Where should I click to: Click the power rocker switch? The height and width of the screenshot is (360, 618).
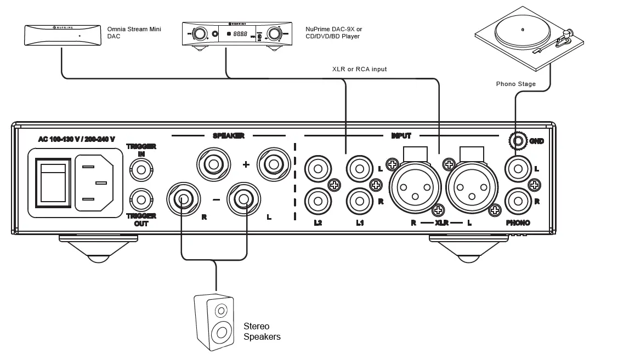point(53,182)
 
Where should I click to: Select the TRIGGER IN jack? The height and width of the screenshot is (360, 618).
point(141,169)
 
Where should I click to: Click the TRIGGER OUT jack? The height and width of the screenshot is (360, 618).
point(141,199)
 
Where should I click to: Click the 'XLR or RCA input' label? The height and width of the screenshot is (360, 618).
point(359,70)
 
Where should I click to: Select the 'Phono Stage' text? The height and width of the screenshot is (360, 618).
point(515,84)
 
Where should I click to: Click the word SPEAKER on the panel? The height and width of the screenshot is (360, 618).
point(228,135)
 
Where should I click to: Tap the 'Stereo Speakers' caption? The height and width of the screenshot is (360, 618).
point(262,332)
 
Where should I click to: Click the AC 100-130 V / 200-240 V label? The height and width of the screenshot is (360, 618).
point(76,139)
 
